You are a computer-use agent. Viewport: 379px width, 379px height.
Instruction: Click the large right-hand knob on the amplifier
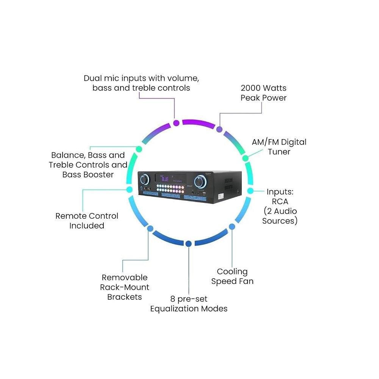click(x=200, y=182)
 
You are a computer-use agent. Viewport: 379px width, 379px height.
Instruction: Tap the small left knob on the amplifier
click(x=144, y=180)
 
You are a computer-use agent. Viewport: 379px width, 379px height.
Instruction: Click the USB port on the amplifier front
click(x=204, y=194)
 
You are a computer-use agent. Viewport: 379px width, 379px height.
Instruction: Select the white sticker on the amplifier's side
click(x=221, y=196)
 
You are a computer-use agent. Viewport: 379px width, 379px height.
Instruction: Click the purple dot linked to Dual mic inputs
click(x=177, y=123)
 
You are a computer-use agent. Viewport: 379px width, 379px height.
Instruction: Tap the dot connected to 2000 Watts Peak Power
click(x=219, y=129)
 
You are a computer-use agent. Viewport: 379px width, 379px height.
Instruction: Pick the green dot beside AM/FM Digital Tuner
click(x=245, y=158)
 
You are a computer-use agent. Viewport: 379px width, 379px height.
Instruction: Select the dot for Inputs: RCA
click(x=251, y=191)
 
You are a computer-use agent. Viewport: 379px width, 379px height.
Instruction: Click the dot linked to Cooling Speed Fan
click(x=232, y=227)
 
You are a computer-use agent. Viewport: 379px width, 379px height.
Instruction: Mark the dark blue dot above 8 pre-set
click(x=188, y=244)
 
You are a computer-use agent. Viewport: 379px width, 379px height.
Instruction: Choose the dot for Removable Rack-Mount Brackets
click(x=150, y=229)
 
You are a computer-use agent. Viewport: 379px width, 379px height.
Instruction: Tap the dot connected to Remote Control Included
click(x=130, y=189)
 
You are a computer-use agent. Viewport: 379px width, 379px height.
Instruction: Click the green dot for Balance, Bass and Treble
click(x=139, y=149)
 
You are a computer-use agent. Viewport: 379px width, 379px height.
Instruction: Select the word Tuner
click(x=279, y=152)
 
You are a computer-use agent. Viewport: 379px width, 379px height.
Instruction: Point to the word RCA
click(x=280, y=201)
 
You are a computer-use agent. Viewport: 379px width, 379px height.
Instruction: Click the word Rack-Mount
click(x=125, y=287)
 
